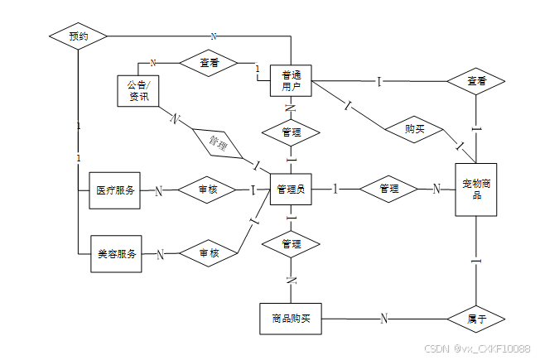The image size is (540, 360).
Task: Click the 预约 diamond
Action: [x=78, y=36]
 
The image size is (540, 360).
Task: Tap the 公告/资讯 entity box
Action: [x=137, y=90]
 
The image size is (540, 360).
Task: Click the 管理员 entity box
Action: [x=291, y=190]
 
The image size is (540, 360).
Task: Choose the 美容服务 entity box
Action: [x=115, y=252]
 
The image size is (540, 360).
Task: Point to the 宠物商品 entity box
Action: [x=476, y=190]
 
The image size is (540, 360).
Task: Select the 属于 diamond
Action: [x=476, y=319]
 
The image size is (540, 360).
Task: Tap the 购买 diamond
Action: [x=415, y=129]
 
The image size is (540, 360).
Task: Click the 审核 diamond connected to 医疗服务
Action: [x=208, y=190]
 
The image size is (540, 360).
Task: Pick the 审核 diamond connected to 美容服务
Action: [x=208, y=253]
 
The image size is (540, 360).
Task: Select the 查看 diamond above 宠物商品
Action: [x=476, y=81]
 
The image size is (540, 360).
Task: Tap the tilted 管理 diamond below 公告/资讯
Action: [x=218, y=142]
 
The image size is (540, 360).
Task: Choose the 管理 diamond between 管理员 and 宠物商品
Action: [x=388, y=190]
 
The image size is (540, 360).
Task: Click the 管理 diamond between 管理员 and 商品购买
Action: [x=291, y=244]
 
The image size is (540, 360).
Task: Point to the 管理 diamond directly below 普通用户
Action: [x=291, y=132]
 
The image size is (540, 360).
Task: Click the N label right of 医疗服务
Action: [x=158, y=190]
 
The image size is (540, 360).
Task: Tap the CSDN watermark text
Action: [x=476, y=349]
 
